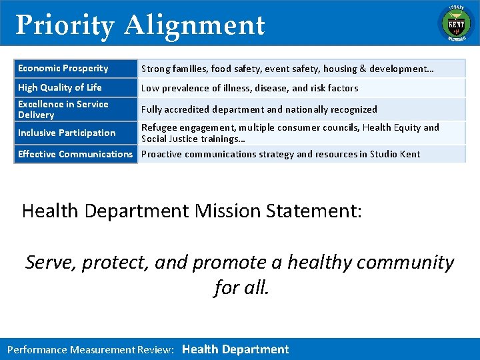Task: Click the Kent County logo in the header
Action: (x=455, y=23)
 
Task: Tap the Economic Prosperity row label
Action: (x=63, y=68)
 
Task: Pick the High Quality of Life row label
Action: (x=60, y=87)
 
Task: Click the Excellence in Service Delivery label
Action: (x=63, y=109)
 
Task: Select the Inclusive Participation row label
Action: (x=67, y=133)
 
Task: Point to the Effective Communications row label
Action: (x=75, y=154)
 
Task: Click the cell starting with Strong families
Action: (x=287, y=69)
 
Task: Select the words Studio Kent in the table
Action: (x=397, y=154)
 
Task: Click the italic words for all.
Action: (x=241, y=287)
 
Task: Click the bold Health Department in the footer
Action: (x=235, y=349)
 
